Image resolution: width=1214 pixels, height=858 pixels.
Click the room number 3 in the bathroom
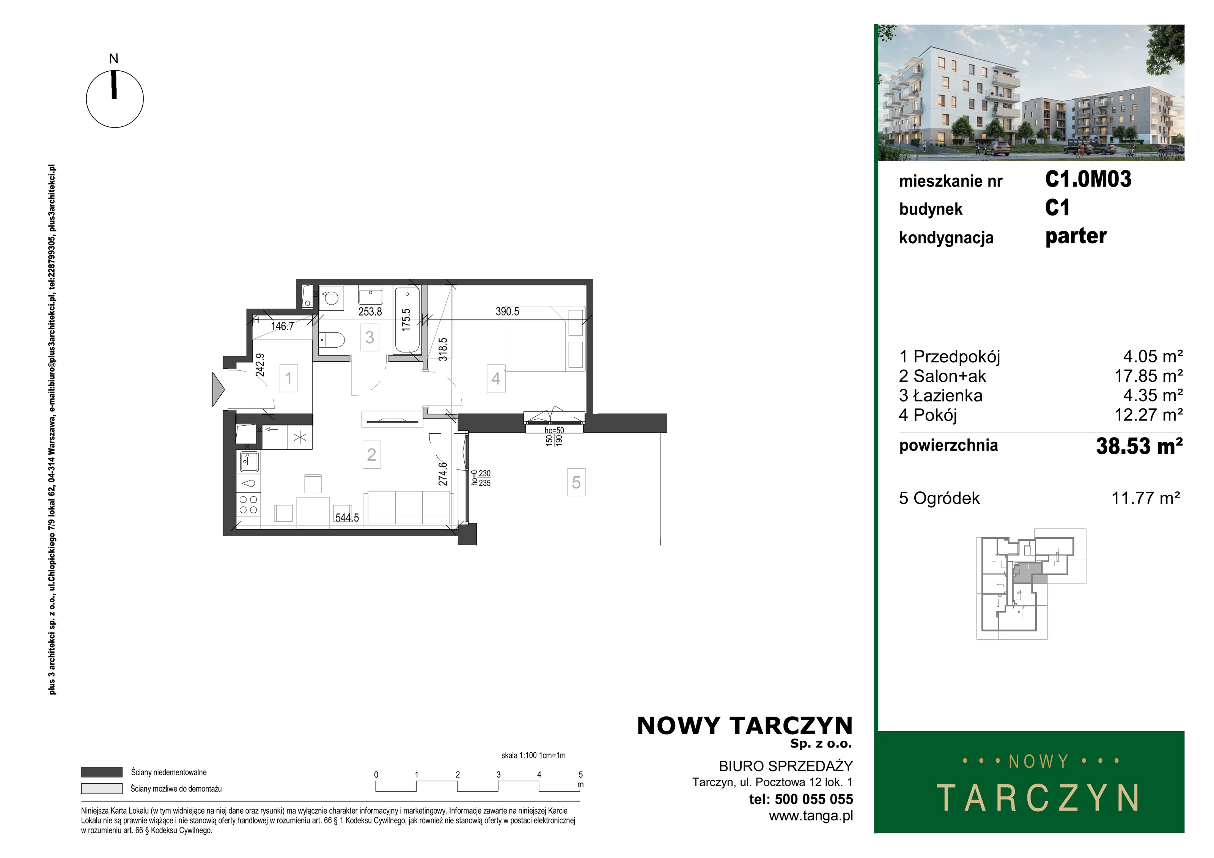pos(370,337)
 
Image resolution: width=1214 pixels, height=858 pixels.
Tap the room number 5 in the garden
pos(576,482)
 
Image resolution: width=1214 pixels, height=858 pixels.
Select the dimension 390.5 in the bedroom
pos(507,312)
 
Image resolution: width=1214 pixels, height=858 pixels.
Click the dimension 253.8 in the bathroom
pos(370,312)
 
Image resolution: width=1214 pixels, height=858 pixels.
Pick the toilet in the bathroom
pos(332,340)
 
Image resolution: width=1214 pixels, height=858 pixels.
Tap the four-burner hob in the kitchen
pos(248,505)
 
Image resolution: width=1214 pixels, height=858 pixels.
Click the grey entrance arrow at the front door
pos(218,389)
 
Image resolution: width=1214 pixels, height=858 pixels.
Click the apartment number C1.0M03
pos(1088,179)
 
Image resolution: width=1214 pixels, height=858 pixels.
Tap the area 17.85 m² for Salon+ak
pos(1148,376)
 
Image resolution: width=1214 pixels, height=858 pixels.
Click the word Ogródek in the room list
pos(947,498)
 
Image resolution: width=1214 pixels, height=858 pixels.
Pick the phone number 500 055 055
pos(814,799)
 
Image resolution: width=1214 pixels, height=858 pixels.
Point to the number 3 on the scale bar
pos(498,775)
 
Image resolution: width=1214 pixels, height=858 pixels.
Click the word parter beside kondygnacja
pos(1076,236)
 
